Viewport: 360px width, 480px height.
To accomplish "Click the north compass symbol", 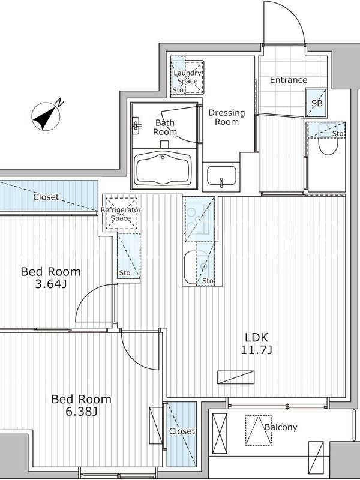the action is tap(46, 116).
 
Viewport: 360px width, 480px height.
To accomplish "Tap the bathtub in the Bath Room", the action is tap(163, 169).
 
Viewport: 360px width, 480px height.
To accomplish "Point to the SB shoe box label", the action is tap(317, 103).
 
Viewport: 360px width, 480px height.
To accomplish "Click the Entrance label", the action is tap(289, 80).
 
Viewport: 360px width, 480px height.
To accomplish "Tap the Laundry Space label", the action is tap(187, 77).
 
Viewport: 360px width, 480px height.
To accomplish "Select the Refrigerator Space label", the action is tap(121, 214).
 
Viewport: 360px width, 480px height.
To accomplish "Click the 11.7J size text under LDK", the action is tap(257, 350).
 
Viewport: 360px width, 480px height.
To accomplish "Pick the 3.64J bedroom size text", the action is tap(51, 284).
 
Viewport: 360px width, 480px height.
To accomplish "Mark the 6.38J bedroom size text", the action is tap(82, 412).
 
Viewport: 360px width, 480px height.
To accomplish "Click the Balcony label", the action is tap(281, 427).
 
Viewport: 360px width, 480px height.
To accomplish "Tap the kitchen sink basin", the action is tap(190, 267).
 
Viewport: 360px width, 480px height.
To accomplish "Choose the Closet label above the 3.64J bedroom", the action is tap(46, 197).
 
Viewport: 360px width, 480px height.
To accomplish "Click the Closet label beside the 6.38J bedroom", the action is tap(182, 431).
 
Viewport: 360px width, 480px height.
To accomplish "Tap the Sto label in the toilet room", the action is tap(338, 133).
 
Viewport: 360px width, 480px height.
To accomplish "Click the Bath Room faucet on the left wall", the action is tap(136, 125).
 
